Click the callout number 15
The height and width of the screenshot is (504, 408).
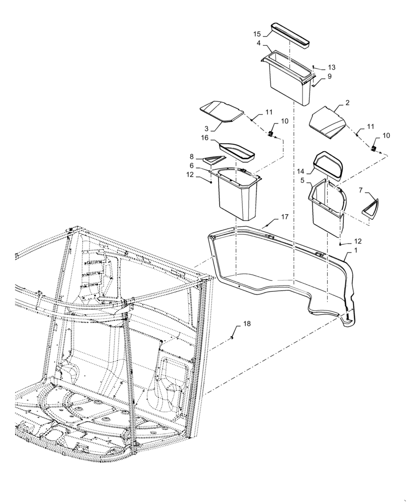tap(257, 34)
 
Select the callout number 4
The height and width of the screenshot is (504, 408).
tap(259, 43)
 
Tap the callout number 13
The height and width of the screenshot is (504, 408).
tap(331, 68)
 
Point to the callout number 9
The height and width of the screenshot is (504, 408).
tap(329, 76)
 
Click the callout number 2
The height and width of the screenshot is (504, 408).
tap(347, 103)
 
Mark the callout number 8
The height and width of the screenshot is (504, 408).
tap(192, 157)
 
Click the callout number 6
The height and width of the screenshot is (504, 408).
tap(192, 165)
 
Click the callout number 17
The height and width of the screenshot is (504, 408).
tap(285, 217)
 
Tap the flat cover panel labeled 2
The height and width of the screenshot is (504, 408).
tap(328, 122)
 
